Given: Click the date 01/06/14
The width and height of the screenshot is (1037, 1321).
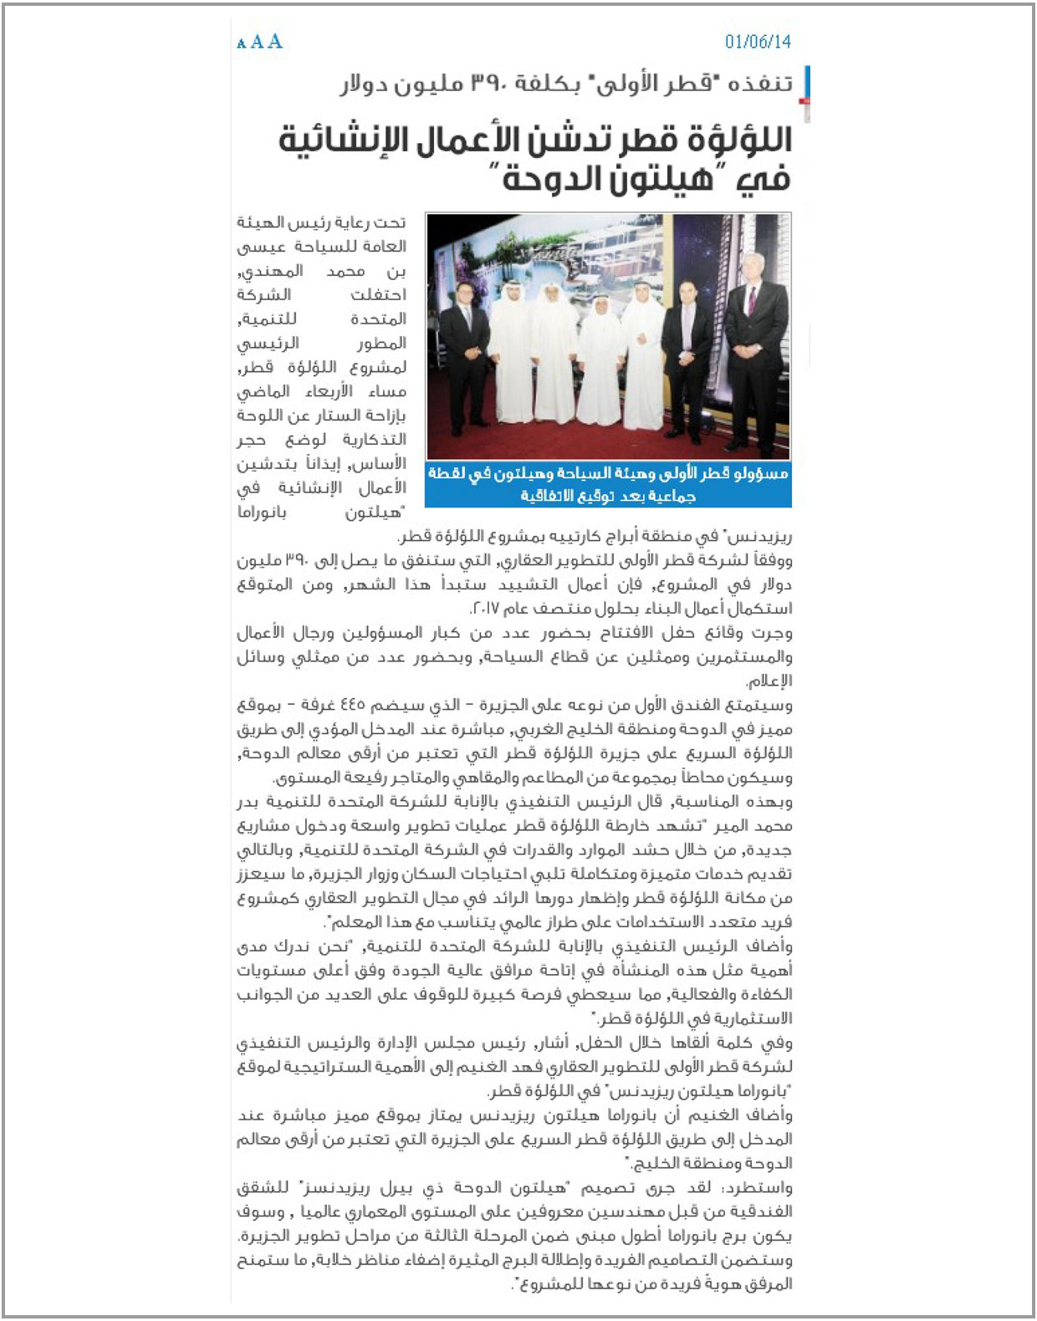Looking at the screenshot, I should click(758, 42).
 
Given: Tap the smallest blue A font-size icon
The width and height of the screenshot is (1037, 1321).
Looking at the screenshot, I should click(241, 44).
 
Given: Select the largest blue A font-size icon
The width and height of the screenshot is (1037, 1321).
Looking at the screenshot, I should click(275, 42).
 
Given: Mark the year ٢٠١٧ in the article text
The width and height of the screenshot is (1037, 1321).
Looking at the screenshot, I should click(487, 608).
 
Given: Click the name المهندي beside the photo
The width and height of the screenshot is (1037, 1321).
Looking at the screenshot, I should click(271, 271).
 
